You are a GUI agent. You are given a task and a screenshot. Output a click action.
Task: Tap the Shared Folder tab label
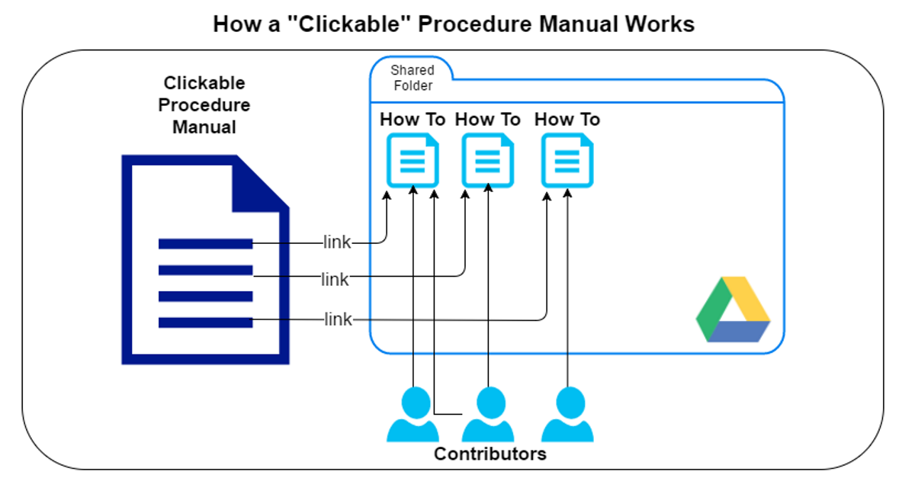tap(413, 78)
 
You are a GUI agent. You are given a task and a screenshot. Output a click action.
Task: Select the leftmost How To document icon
tap(413, 160)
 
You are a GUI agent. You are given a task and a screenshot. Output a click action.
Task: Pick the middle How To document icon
tap(488, 160)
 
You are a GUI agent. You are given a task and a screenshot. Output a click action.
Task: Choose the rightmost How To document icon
tap(567, 160)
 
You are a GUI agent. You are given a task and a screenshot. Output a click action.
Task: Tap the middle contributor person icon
tap(488, 415)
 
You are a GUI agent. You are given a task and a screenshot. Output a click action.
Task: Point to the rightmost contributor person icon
tap(567, 415)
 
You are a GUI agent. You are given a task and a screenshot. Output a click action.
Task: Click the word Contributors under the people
tap(490, 454)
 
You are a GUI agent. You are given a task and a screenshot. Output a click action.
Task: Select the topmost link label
tap(336, 242)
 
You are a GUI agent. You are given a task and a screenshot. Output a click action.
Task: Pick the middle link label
tap(335, 280)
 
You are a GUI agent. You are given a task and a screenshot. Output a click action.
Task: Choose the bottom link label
tap(338, 319)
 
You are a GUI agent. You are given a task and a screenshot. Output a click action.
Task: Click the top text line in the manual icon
tap(205, 244)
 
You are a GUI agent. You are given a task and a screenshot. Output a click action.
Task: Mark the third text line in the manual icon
tap(205, 297)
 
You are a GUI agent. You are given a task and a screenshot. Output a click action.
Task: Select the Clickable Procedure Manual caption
tap(204, 105)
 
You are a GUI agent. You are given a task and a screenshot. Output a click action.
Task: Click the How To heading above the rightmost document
tap(567, 120)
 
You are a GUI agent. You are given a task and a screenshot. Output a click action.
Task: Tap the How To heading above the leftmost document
tap(413, 120)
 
